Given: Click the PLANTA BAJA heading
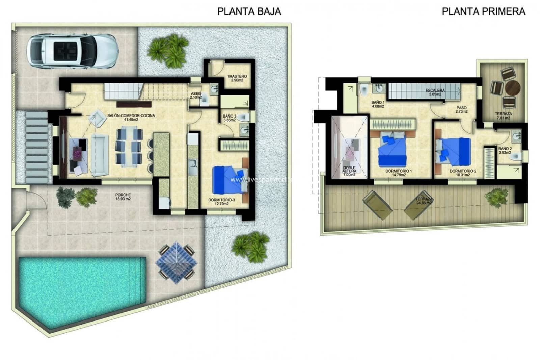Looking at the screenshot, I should (249, 11).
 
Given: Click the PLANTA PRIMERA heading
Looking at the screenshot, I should (483, 11).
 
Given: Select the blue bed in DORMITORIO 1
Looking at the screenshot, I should (391, 150).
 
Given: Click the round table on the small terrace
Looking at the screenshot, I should (513, 88).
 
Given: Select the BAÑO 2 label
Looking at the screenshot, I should (505, 150).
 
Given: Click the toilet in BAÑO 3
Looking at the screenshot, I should (244, 118).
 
